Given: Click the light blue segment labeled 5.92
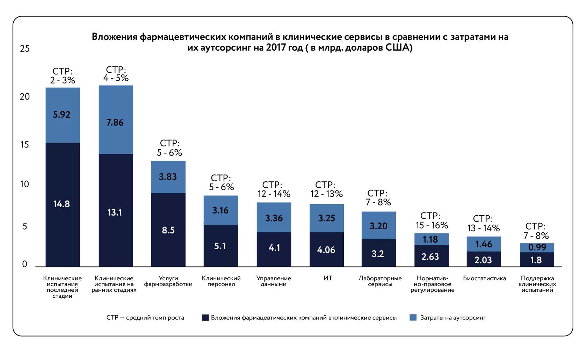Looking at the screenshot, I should (x=63, y=115).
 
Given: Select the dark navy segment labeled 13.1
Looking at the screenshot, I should (x=116, y=210).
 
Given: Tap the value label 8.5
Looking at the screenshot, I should (x=168, y=230).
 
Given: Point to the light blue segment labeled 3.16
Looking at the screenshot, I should (x=220, y=210).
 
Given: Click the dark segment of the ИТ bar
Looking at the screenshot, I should (x=326, y=250).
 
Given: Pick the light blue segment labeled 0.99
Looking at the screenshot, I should (x=537, y=247).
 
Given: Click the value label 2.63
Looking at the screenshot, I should (x=430, y=257).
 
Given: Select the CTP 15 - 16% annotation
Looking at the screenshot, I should (x=432, y=221).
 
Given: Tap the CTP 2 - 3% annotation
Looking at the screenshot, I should (x=63, y=76).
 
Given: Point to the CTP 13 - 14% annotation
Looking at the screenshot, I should (x=484, y=223).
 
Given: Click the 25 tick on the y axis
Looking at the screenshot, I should (x=25, y=49).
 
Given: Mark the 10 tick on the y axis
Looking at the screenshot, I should (x=24, y=184).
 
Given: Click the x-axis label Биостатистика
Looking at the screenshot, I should (x=484, y=278).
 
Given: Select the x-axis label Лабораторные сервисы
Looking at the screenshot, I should (x=380, y=281).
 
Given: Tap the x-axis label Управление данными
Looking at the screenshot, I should (x=274, y=281).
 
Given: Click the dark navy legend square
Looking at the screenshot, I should (x=205, y=317).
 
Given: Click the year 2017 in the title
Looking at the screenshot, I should (x=276, y=48).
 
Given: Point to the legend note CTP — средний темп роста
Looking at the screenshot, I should (x=145, y=318).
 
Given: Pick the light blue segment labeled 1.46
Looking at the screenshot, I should (x=484, y=244).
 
